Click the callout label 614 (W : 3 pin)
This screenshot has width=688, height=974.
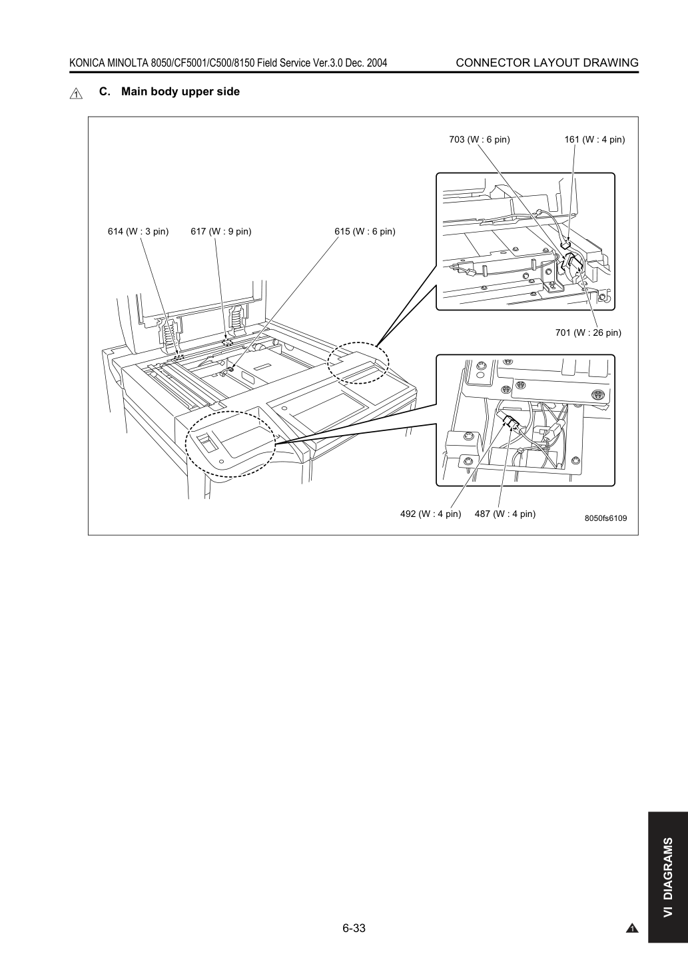(139, 231)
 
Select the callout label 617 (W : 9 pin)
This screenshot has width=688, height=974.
(220, 231)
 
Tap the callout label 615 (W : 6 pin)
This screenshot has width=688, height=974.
(364, 231)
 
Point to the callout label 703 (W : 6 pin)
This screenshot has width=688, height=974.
(480, 140)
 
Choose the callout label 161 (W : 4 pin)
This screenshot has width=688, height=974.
(595, 140)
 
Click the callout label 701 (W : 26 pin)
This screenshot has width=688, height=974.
(588, 332)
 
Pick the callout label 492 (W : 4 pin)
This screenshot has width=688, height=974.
(430, 514)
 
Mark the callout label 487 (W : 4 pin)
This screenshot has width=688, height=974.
(505, 514)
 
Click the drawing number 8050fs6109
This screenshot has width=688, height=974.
(605, 518)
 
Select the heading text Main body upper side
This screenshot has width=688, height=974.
(180, 92)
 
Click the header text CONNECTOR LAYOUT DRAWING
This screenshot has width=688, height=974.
(547, 63)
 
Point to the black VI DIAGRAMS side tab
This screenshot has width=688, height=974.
(668, 880)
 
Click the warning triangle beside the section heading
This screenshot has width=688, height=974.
(76, 93)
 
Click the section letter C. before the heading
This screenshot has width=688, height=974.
(105, 92)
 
